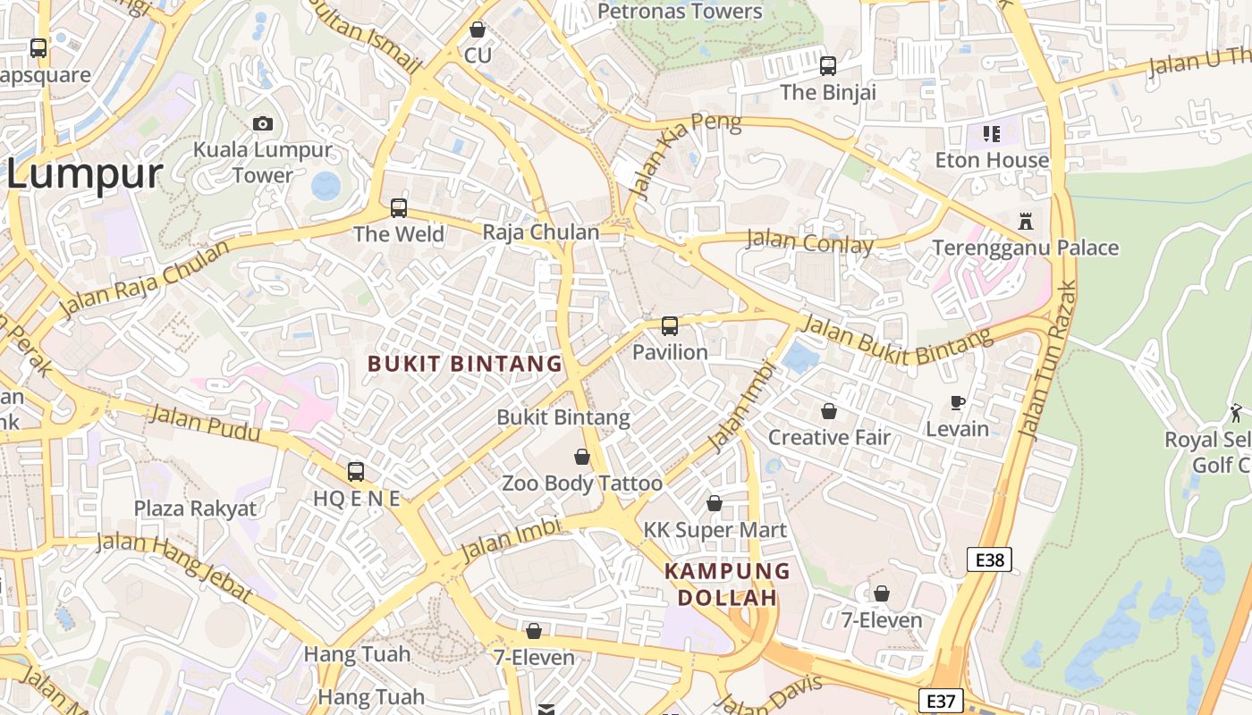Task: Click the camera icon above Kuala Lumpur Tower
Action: pos(263,123)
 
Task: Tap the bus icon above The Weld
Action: pos(399,208)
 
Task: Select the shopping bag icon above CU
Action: pos(478,29)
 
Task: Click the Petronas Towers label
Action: pos(680,12)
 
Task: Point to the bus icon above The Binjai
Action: pos(828,65)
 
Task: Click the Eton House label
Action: pos(992,160)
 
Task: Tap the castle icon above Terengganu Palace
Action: pos(1026,221)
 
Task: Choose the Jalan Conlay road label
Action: pos(809,241)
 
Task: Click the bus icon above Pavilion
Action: pos(670,326)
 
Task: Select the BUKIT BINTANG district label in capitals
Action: pos(465,364)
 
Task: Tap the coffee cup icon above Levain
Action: pos(958,403)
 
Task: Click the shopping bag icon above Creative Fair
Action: pos(829,411)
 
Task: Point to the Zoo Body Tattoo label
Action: pos(582,484)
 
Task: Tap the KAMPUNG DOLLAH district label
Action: pos(727,584)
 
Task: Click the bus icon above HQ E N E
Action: pos(356,471)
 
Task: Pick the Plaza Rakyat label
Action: pos(195,509)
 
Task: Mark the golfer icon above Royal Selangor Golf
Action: pos(1237,413)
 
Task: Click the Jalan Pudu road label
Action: pos(205,423)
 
